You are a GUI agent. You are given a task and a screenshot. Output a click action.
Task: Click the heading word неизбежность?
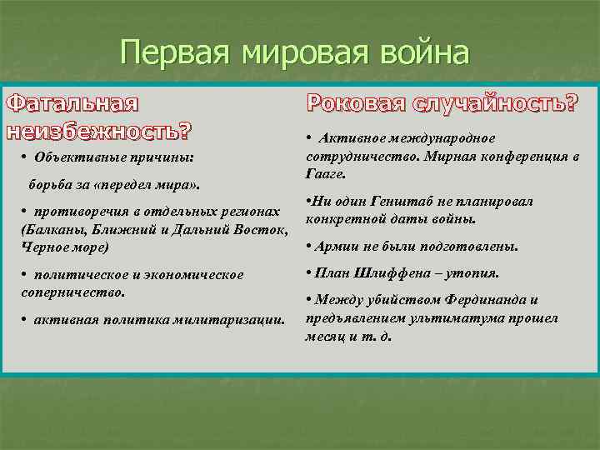98,131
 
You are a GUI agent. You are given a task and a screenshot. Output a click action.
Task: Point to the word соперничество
71,292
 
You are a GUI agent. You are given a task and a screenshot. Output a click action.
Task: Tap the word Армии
336,247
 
